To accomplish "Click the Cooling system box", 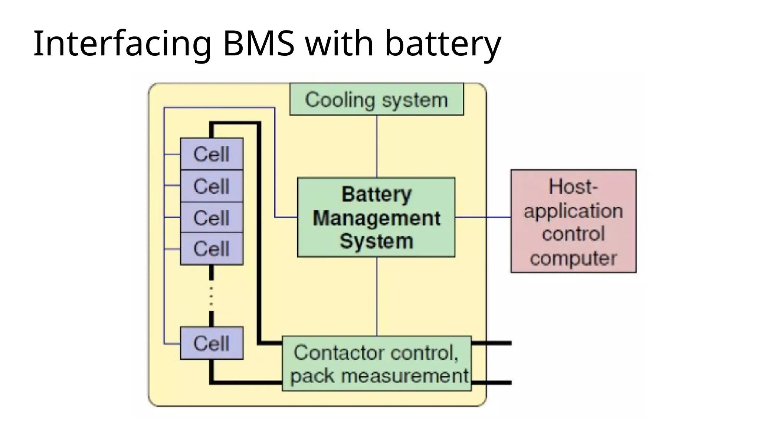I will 376,100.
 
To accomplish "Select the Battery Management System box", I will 376,217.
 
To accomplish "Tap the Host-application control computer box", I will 573,221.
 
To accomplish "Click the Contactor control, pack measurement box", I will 377,364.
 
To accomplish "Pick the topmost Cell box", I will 212,154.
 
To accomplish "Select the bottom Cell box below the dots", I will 212,343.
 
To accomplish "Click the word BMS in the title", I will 259,44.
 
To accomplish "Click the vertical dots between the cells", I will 212,296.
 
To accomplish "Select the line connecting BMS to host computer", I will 482,217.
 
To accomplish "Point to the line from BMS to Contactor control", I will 377,296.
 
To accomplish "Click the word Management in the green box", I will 376,218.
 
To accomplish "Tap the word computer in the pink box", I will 573,258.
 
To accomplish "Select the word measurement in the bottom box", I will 405,376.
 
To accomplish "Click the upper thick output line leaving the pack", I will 492,343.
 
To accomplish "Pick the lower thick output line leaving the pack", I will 492,382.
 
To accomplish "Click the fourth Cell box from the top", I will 212,249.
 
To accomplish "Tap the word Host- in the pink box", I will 573,187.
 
